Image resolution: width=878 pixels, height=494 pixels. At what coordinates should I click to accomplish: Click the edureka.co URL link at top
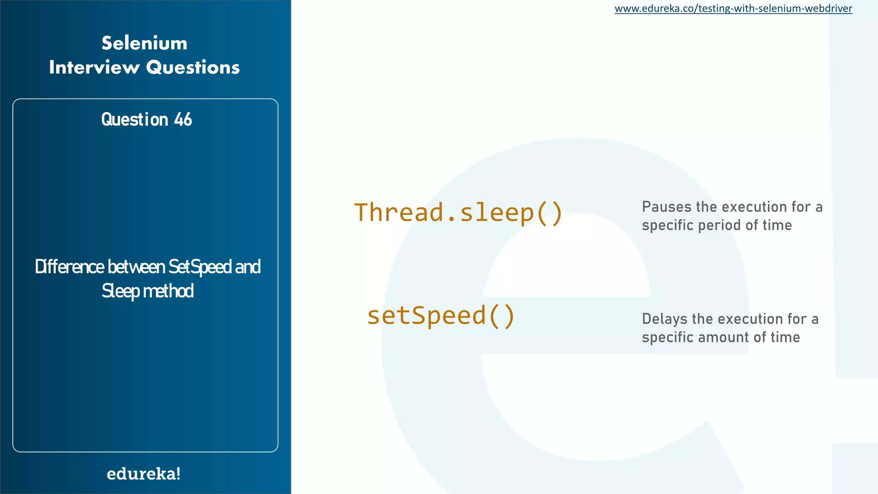733,9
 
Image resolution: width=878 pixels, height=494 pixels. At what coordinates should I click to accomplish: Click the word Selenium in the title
144,43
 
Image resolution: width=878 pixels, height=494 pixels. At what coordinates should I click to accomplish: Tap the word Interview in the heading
94,68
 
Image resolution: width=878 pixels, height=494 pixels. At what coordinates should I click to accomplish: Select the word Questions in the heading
193,68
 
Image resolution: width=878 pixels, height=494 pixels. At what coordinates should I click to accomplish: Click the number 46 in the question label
183,120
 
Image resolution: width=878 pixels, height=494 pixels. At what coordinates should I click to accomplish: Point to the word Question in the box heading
135,120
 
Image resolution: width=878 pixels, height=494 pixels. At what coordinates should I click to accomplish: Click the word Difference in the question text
69,267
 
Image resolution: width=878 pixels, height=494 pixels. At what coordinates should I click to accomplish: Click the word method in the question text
168,291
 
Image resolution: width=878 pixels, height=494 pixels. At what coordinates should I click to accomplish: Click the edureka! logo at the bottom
144,474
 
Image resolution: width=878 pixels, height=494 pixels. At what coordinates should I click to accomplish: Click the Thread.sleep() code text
458,213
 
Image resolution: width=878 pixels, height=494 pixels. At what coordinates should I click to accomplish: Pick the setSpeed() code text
441,316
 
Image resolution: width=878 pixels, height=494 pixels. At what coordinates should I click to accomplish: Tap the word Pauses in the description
666,207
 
